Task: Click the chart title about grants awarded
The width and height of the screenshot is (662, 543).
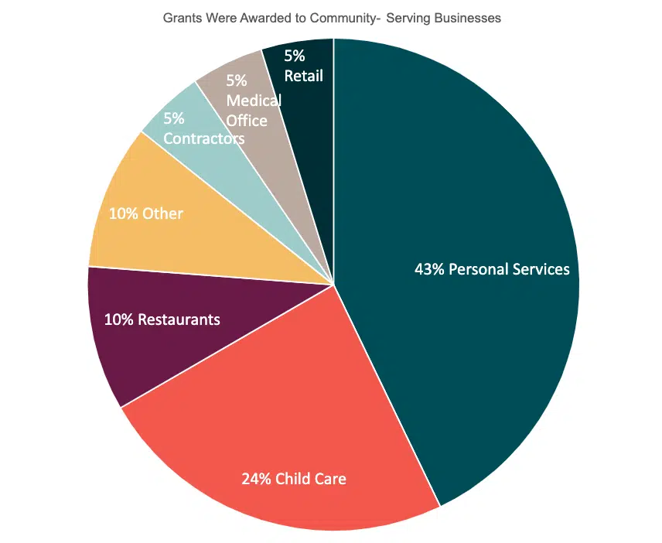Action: coord(332,18)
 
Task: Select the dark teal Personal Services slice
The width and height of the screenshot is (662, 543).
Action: coord(464,193)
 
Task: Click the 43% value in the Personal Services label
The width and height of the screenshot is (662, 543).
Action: coord(429,269)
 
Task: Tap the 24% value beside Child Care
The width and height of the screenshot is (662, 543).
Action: coord(256,479)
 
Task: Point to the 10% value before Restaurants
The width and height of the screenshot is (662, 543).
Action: coord(118,319)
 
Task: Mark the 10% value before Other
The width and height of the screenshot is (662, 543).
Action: coord(123,213)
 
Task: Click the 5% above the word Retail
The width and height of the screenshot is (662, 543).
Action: coord(295,56)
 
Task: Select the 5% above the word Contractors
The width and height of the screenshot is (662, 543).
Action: coord(174,118)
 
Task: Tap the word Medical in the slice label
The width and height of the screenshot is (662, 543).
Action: coord(254,101)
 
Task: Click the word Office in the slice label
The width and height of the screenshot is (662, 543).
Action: coord(247,121)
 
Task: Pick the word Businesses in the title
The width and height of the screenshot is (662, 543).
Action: coord(466,18)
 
